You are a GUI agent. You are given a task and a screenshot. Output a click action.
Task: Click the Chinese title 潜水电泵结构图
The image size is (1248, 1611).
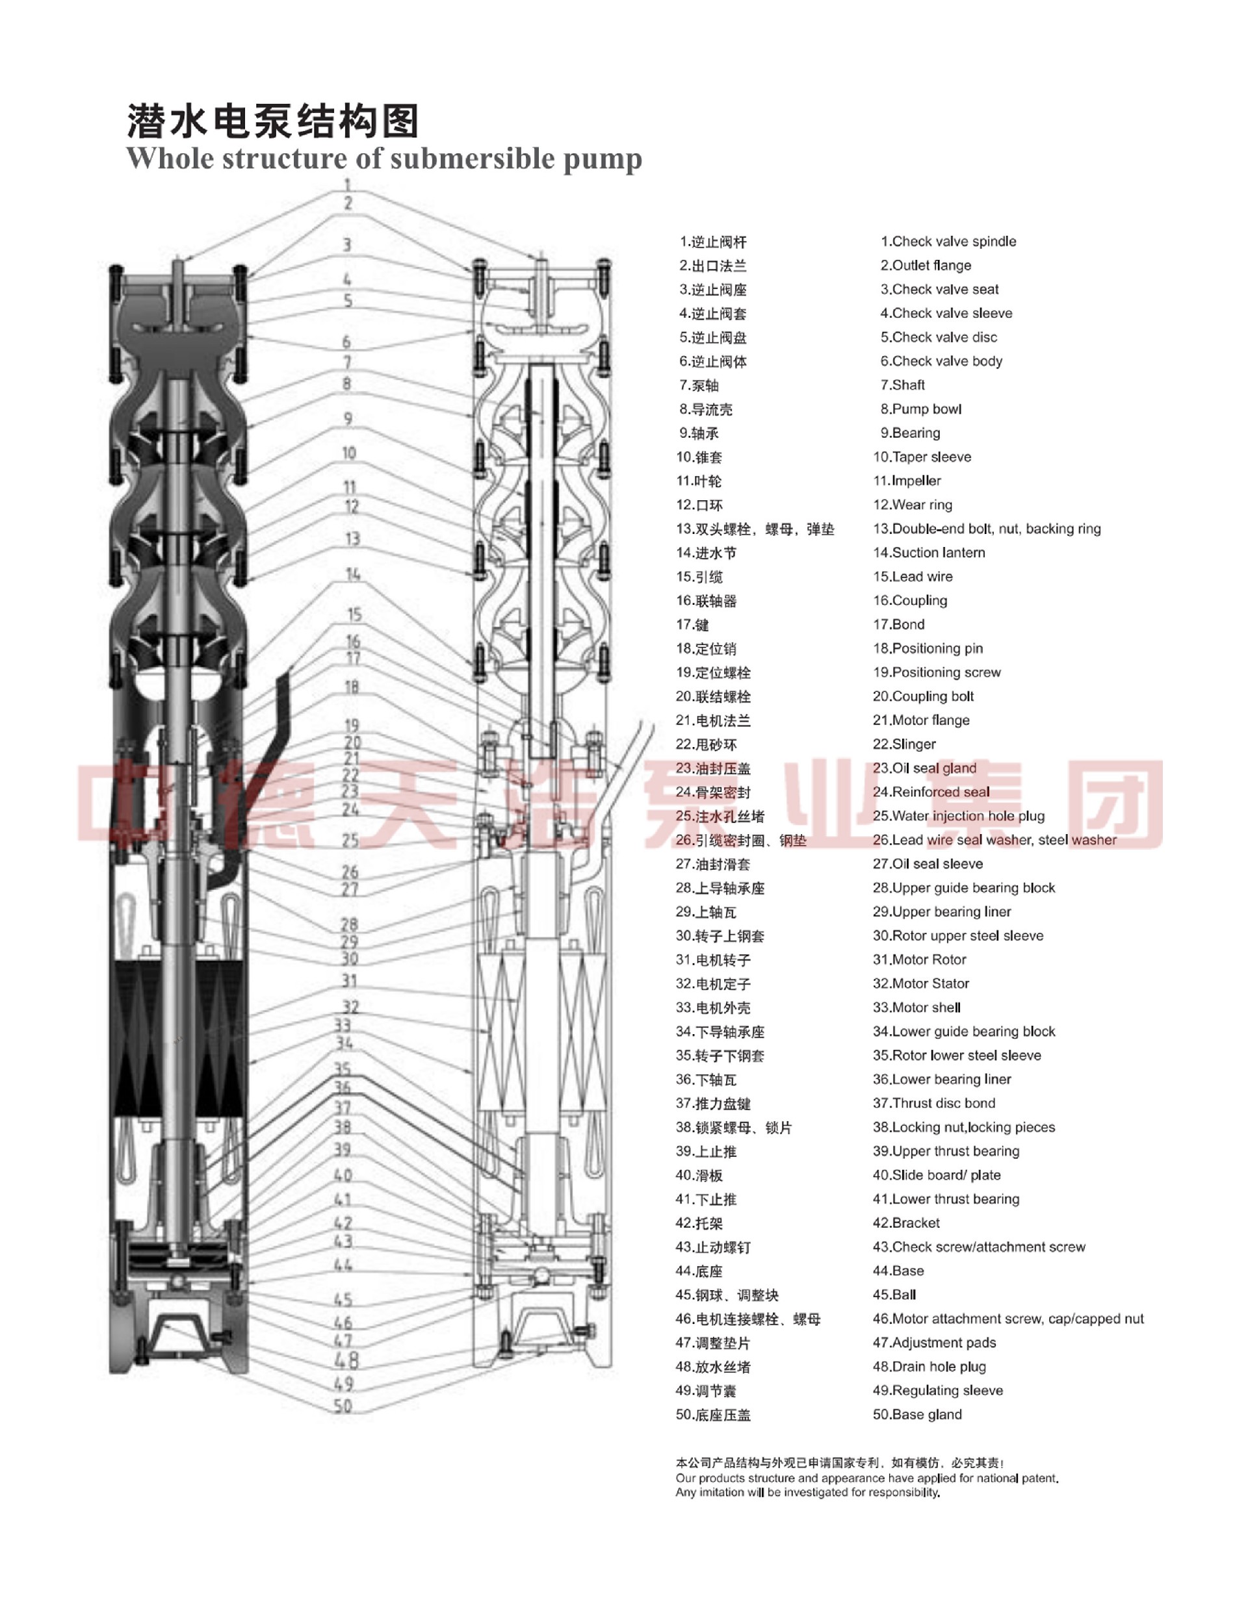[x=273, y=121]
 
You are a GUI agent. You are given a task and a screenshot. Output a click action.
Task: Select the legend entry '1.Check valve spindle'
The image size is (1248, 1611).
[x=948, y=242]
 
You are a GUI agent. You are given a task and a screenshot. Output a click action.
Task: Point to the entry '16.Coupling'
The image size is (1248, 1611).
[x=910, y=600]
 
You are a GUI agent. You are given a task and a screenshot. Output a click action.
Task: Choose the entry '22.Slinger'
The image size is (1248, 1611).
[x=904, y=744]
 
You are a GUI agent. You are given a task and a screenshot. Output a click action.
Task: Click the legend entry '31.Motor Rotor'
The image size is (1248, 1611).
[x=919, y=959]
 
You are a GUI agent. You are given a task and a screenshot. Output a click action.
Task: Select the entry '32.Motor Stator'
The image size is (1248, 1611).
[x=920, y=983]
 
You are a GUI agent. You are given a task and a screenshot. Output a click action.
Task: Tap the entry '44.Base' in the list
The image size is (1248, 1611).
[x=898, y=1271]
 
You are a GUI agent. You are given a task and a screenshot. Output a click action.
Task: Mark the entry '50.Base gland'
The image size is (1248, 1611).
[x=917, y=1415]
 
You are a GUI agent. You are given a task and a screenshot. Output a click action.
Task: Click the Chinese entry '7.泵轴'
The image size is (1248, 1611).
[x=699, y=386]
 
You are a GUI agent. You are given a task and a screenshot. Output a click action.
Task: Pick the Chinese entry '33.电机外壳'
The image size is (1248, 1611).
[x=713, y=1008]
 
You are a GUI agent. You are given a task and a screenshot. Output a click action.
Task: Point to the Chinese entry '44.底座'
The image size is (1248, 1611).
[x=699, y=1272]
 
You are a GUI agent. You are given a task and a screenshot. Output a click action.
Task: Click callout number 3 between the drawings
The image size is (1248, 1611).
[x=347, y=245]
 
